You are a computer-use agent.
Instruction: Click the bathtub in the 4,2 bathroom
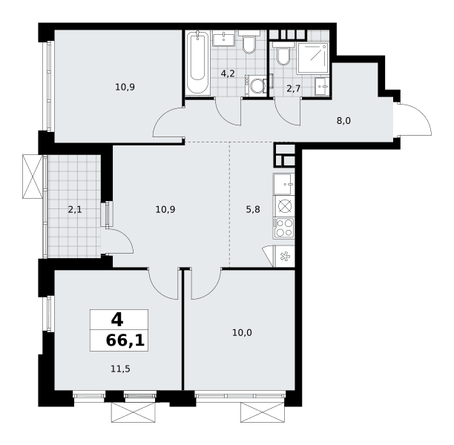tap(197, 62)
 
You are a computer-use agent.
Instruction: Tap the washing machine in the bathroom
tap(256, 85)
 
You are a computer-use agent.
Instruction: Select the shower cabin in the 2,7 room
tap(313, 59)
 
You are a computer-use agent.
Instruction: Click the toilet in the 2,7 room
tap(283, 54)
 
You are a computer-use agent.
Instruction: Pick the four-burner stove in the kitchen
tap(283, 228)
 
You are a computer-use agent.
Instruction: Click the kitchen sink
tap(283, 184)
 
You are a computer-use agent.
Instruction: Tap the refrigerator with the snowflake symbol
tap(284, 257)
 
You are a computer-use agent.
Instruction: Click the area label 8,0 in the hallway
tap(343, 120)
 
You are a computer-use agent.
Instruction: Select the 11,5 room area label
tap(120, 369)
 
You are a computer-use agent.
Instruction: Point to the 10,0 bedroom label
tap(242, 333)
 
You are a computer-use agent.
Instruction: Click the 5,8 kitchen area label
tap(253, 209)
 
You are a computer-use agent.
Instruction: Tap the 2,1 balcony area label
tap(75, 209)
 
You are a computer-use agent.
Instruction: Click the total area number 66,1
tap(125, 340)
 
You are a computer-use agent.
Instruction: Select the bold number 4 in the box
tap(117, 320)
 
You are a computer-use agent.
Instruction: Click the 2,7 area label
tap(293, 88)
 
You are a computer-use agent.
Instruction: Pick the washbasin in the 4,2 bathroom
tap(223, 39)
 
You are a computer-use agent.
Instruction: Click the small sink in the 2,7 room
tap(322, 86)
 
